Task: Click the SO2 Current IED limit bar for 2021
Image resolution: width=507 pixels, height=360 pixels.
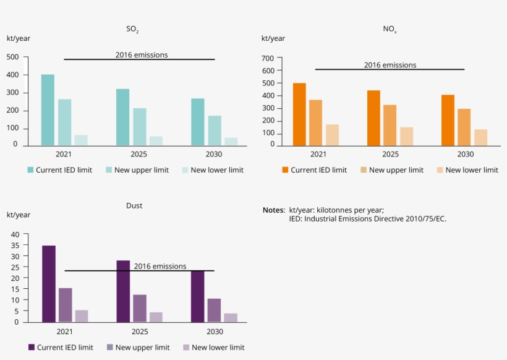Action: tap(48, 110)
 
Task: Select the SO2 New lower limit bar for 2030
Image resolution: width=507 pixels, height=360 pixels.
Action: tap(231, 142)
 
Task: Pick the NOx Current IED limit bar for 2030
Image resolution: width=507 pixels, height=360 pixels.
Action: tap(448, 121)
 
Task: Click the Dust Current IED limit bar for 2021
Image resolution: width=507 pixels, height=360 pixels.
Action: tap(49, 284)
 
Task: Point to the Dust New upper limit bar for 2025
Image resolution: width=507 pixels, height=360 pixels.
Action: tap(140, 308)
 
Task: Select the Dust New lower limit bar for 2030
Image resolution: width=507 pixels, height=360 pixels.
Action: tap(231, 317)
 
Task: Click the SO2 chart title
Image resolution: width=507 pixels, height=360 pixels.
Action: tap(132, 29)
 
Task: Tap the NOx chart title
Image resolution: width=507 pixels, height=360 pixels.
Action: tap(390, 29)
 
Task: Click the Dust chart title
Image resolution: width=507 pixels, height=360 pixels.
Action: tap(134, 205)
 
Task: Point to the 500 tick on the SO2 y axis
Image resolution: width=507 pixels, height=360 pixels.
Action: tap(12, 58)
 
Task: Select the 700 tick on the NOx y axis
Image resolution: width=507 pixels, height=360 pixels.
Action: tap(267, 58)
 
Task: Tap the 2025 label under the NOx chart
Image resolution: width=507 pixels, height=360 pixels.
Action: tap(391, 154)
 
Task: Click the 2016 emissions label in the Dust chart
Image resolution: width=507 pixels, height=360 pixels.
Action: tap(160, 266)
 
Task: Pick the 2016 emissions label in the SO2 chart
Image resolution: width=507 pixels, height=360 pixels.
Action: tap(142, 54)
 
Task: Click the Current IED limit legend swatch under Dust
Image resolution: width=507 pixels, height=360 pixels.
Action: tap(32, 347)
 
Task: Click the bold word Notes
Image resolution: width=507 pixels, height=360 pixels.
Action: tap(273, 210)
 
